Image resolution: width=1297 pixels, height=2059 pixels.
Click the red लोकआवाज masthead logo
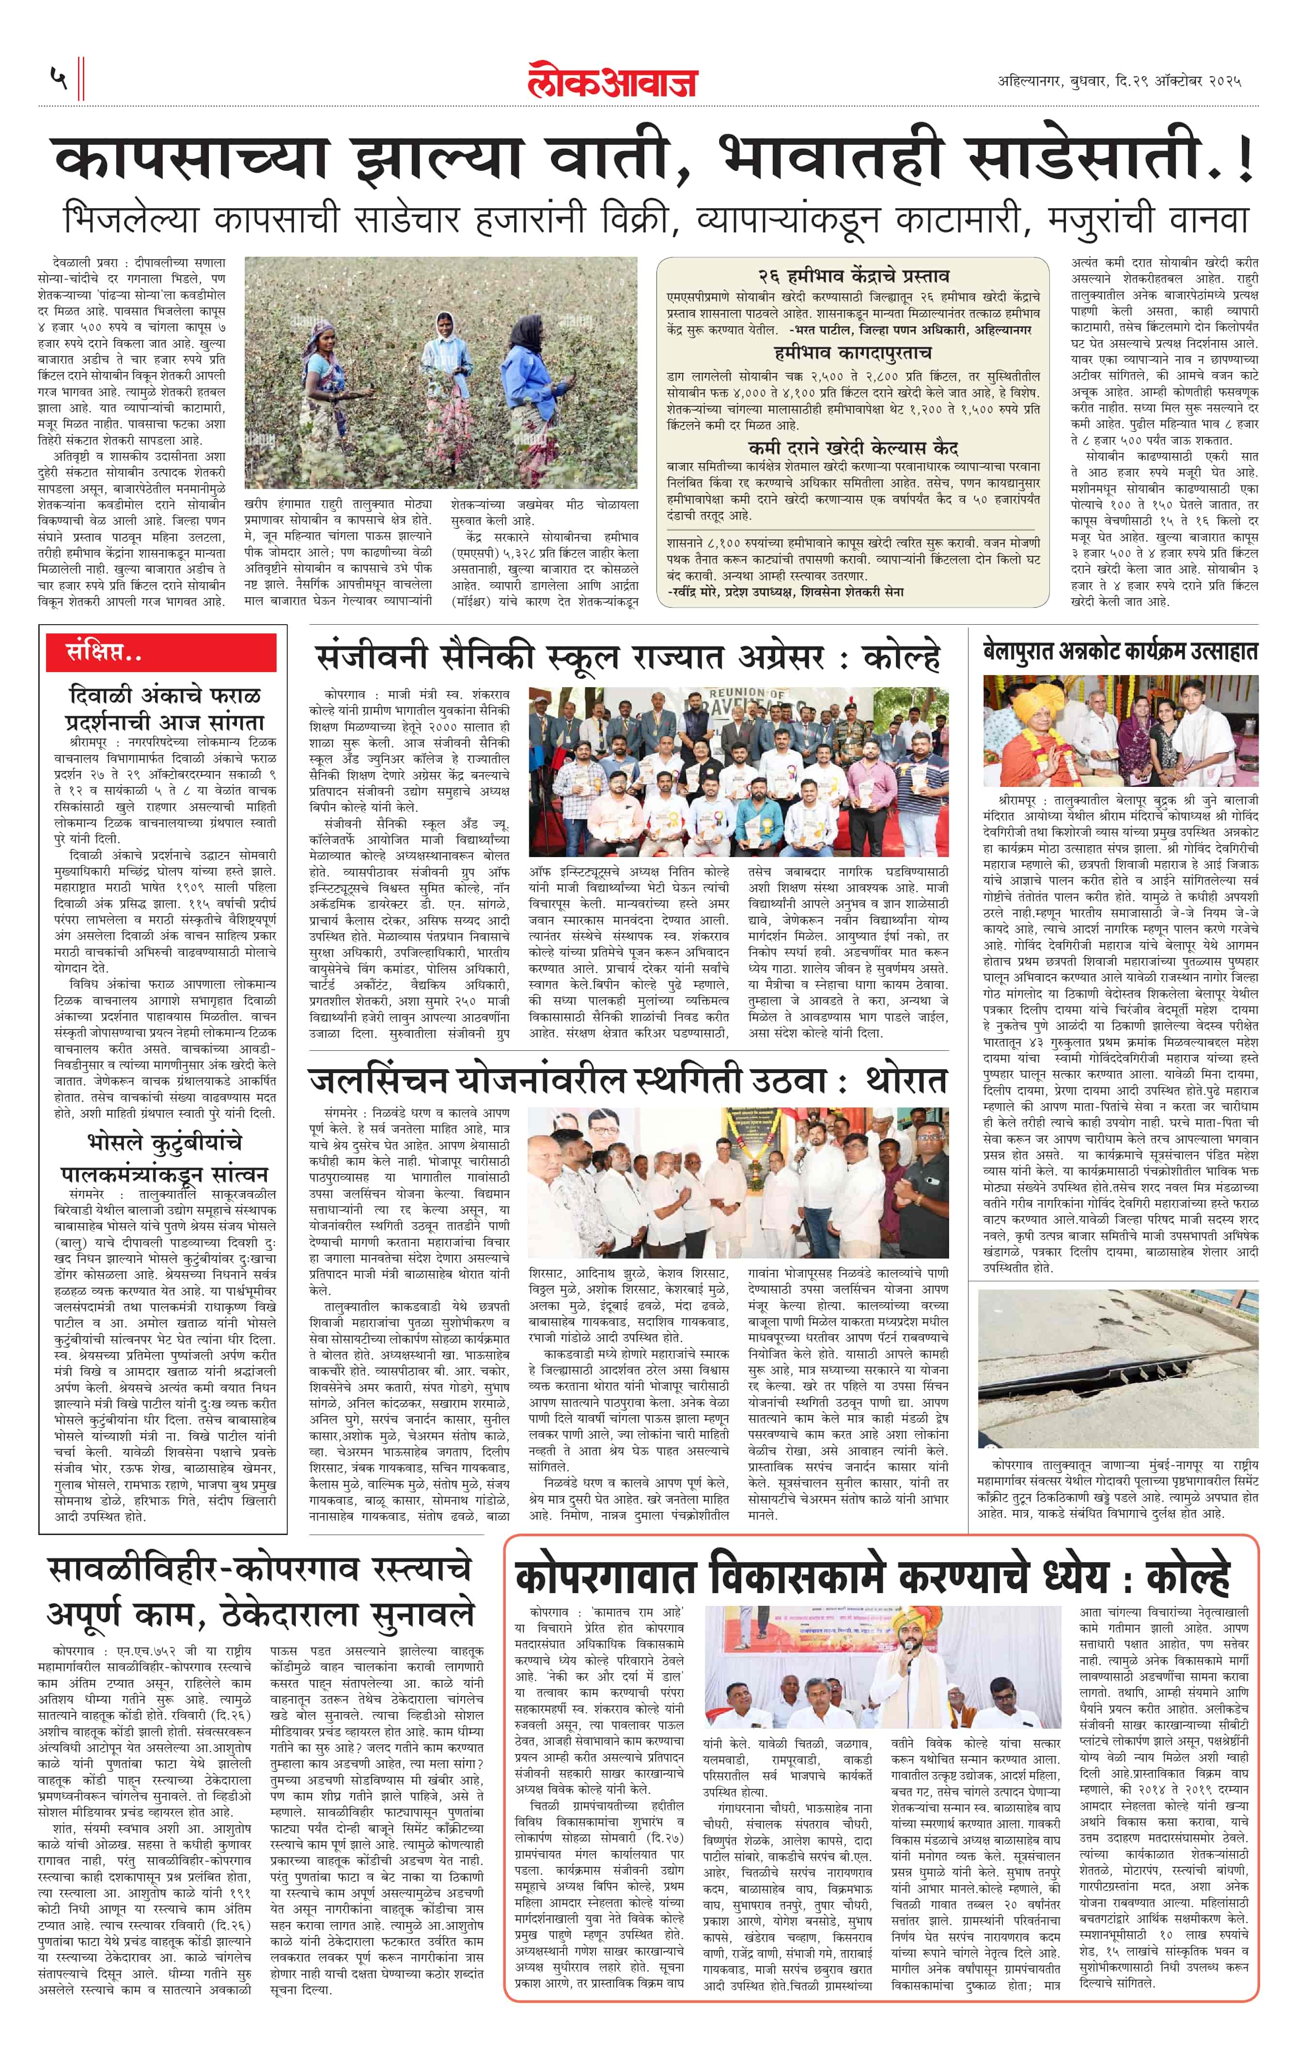[612, 81]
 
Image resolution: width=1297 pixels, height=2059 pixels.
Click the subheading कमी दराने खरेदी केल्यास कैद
[853, 448]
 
